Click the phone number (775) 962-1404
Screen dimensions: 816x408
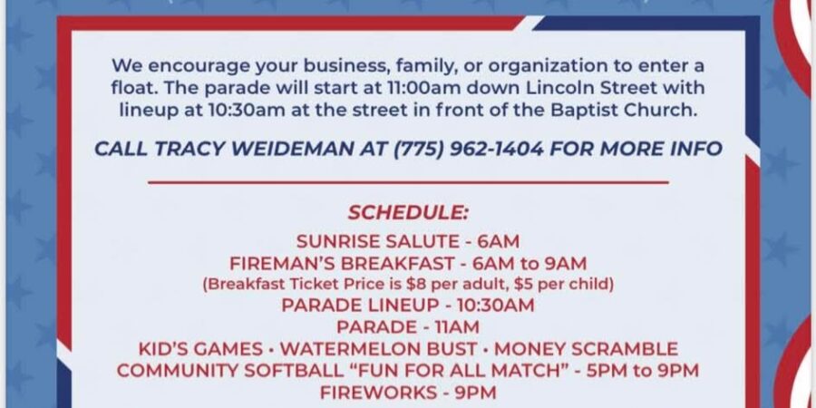click(x=468, y=150)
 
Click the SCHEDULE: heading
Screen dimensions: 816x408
click(x=408, y=213)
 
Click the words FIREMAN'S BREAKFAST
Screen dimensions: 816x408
click(x=342, y=264)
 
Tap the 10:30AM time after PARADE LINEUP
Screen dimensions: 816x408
click(x=495, y=305)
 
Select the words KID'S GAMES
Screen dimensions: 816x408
click(x=200, y=349)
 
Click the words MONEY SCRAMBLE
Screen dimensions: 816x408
click(x=586, y=349)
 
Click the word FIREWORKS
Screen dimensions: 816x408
click(x=379, y=393)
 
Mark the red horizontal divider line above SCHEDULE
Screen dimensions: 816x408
click(x=408, y=182)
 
